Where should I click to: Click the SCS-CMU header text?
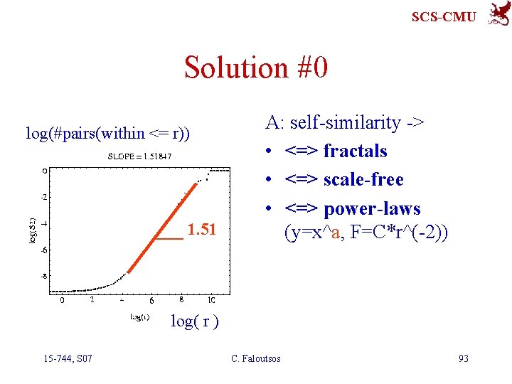point(444,16)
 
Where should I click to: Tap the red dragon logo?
point(497,14)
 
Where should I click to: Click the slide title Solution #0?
point(255,68)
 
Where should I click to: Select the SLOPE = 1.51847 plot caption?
point(139,156)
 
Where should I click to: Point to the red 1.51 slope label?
point(201,229)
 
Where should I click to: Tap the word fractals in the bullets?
point(355,151)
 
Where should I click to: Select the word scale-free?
point(363,180)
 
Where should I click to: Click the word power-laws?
point(371,209)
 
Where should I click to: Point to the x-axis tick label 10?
point(211,300)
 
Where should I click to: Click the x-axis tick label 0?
point(63,300)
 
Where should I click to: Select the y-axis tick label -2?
point(43,197)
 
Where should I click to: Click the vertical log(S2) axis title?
point(33,230)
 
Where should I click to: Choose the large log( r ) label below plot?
point(194,321)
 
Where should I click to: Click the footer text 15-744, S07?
point(66,358)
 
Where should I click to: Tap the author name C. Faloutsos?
point(256,358)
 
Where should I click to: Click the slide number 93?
point(463,358)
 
